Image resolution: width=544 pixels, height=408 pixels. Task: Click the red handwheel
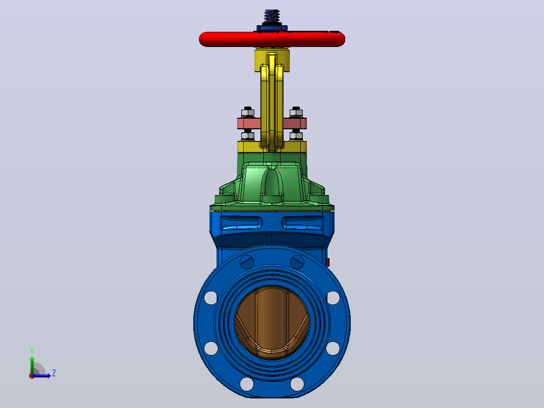(x=271, y=39)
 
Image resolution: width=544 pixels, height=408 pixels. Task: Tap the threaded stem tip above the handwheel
(x=271, y=16)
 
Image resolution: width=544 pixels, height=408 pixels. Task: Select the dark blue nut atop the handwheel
(x=272, y=27)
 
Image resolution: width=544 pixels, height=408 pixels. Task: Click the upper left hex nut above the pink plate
(x=247, y=112)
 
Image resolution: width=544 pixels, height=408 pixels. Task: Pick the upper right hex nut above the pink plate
(x=296, y=112)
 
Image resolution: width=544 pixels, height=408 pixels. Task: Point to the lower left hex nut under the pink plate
(x=247, y=135)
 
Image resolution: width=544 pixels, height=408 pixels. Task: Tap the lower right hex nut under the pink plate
(x=296, y=135)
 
